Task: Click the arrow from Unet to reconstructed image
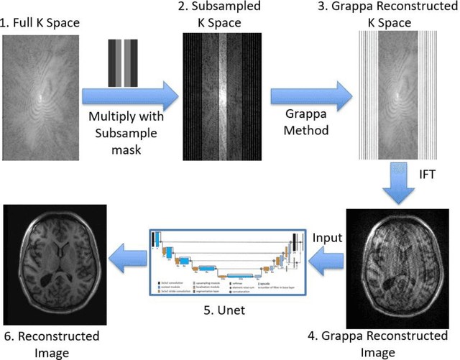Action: [126, 257]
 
